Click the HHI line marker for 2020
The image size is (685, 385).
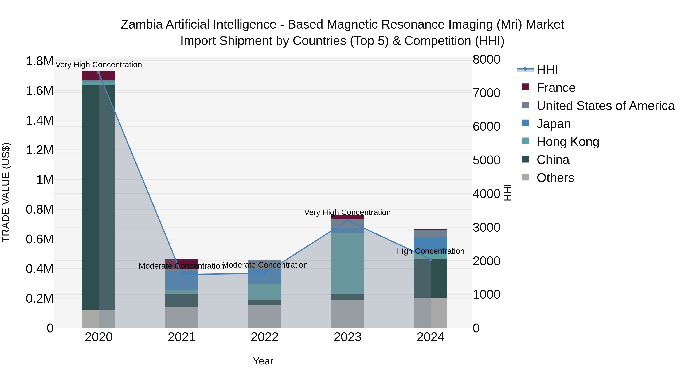[99, 73]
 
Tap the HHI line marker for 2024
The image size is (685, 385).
[431, 259]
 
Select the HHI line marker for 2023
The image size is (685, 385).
[348, 221]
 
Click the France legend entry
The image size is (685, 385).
[556, 88]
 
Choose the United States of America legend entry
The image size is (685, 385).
[605, 106]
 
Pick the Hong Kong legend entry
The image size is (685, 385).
[568, 142]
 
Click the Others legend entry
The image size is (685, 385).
[555, 178]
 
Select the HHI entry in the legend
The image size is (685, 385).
[547, 70]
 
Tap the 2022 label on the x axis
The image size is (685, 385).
[265, 337]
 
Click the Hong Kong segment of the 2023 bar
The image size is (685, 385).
[348, 263]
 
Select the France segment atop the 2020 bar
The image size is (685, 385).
[99, 75]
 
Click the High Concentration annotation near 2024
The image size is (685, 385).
[430, 251]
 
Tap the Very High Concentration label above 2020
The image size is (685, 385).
[99, 65]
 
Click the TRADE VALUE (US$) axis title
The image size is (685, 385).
[6, 192]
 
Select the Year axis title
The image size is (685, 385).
[263, 361]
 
